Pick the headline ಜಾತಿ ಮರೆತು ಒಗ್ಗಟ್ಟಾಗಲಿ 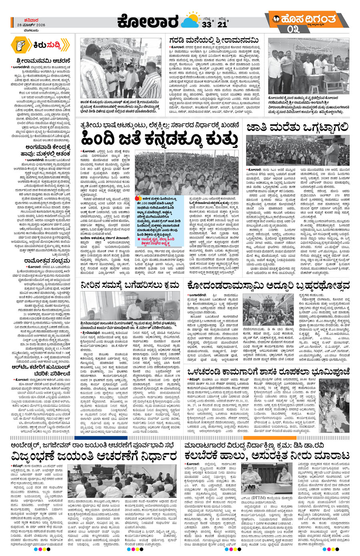(x=298, y=128)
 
